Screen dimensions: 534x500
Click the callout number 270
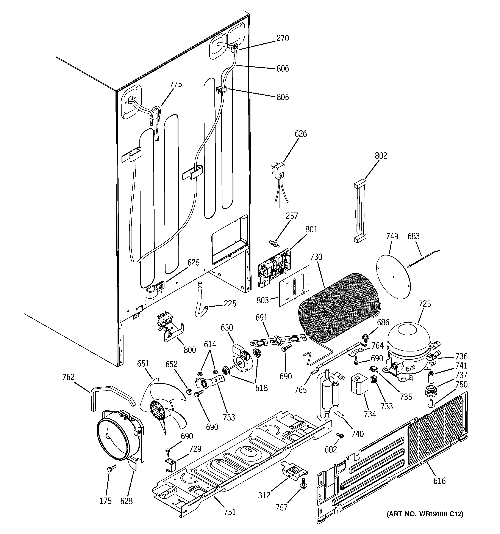click(x=283, y=38)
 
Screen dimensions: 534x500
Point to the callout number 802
click(x=381, y=156)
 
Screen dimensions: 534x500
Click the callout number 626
click(x=301, y=134)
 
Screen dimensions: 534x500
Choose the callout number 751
click(x=230, y=512)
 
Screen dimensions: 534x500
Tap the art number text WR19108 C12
click(x=425, y=514)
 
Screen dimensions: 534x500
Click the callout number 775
click(x=176, y=84)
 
